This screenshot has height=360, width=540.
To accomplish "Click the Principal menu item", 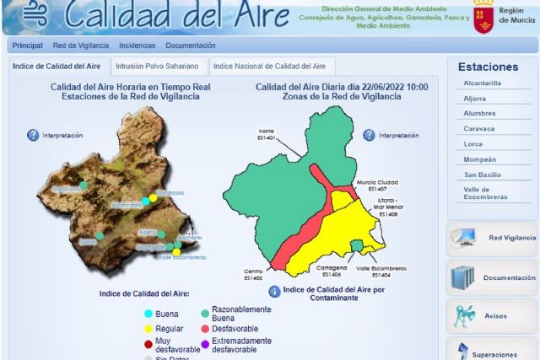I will (x=28, y=46).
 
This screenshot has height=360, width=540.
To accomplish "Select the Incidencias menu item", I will (x=137, y=46).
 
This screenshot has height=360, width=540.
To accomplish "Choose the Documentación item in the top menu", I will (x=191, y=46).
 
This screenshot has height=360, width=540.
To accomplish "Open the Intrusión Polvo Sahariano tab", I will (x=157, y=66).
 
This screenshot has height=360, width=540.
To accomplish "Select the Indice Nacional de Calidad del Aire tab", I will (x=269, y=66).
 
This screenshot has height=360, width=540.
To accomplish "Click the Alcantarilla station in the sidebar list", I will (x=482, y=83).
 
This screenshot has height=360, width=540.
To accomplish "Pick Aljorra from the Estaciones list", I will (x=475, y=98).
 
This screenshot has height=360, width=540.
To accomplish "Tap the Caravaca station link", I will (x=478, y=128).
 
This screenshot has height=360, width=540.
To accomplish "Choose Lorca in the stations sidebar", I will (x=472, y=143).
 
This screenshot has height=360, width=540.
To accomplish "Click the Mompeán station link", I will (x=478, y=159).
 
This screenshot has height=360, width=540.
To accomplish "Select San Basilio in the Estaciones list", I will (x=481, y=174).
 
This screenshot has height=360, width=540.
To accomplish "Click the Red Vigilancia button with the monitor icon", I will (x=492, y=238).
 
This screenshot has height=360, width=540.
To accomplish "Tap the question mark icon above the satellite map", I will (x=33, y=135).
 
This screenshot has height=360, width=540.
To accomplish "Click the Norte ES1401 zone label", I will (x=266, y=133).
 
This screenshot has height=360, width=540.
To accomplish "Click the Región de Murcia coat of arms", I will (x=483, y=16).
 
